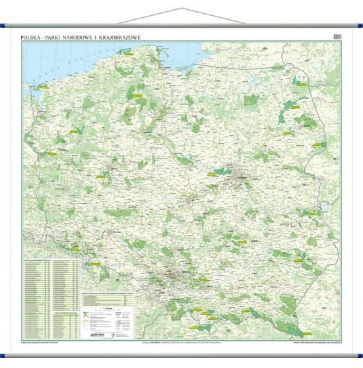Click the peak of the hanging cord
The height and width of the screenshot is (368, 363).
pos(181,8)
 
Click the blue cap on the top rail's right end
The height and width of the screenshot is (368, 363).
pos(358,28)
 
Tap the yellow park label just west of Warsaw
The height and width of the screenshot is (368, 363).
pos(216,175)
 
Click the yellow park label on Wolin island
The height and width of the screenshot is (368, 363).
pos(44,86)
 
